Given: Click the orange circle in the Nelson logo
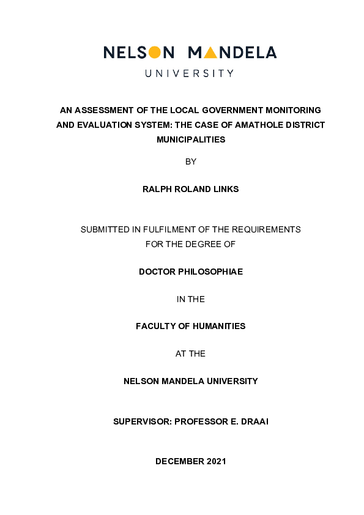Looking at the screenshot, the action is click(x=155, y=53).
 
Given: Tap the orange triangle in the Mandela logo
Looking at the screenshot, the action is click(x=210, y=53).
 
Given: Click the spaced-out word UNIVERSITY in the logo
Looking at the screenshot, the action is click(x=189, y=73).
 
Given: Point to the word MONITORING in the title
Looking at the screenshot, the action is click(x=295, y=111).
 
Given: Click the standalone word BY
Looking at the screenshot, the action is click(x=191, y=162).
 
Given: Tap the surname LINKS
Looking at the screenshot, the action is click(x=226, y=190).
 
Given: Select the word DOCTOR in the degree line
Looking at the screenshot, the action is click(x=157, y=272).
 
